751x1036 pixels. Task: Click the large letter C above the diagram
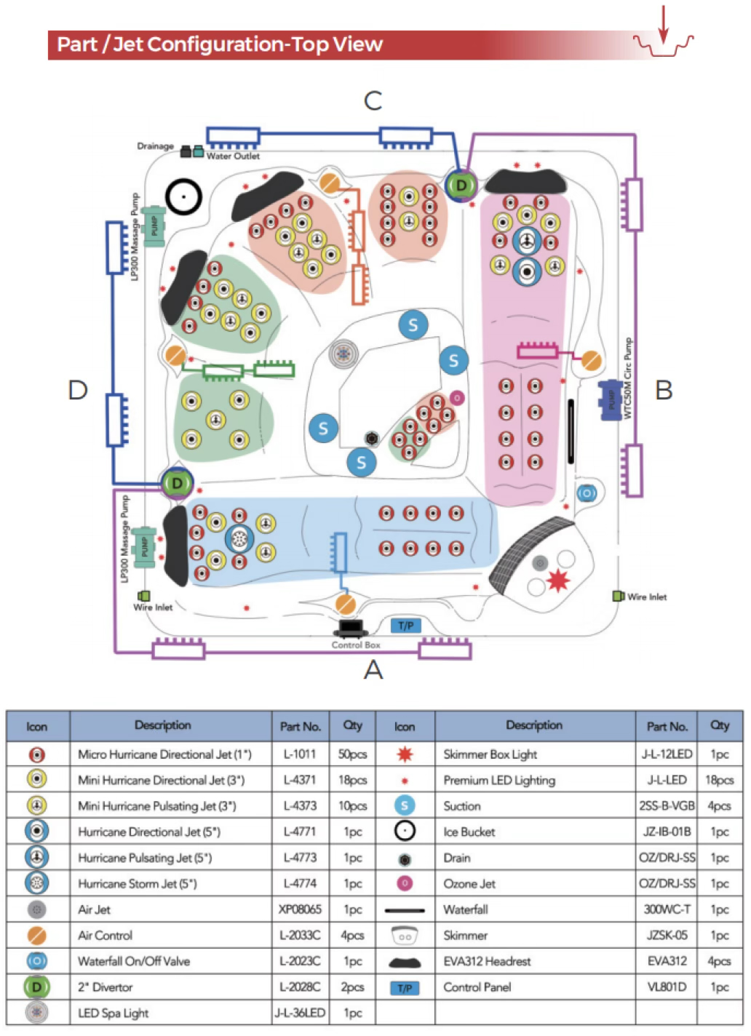tap(373, 100)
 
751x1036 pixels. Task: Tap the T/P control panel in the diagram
tap(405, 626)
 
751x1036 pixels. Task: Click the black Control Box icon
tap(351, 628)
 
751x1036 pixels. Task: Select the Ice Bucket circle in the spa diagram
tap(183, 196)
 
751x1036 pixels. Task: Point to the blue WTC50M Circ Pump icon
tap(610, 399)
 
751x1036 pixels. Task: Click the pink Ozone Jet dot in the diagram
tap(457, 398)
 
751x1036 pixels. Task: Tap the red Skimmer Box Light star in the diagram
tap(558, 580)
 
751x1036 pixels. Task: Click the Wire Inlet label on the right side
tap(647, 597)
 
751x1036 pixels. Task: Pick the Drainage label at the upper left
tap(155, 146)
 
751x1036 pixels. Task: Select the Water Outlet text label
tap(233, 156)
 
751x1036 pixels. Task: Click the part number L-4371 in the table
tap(300, 780)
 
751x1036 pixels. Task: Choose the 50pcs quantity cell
tap(352, 754)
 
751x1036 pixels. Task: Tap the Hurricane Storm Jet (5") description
tap(138, 884)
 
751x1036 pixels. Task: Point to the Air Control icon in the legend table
tap(37, 936)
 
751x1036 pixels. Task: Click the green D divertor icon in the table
tap(37, 987)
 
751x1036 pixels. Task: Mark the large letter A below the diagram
tap(373, 669)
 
